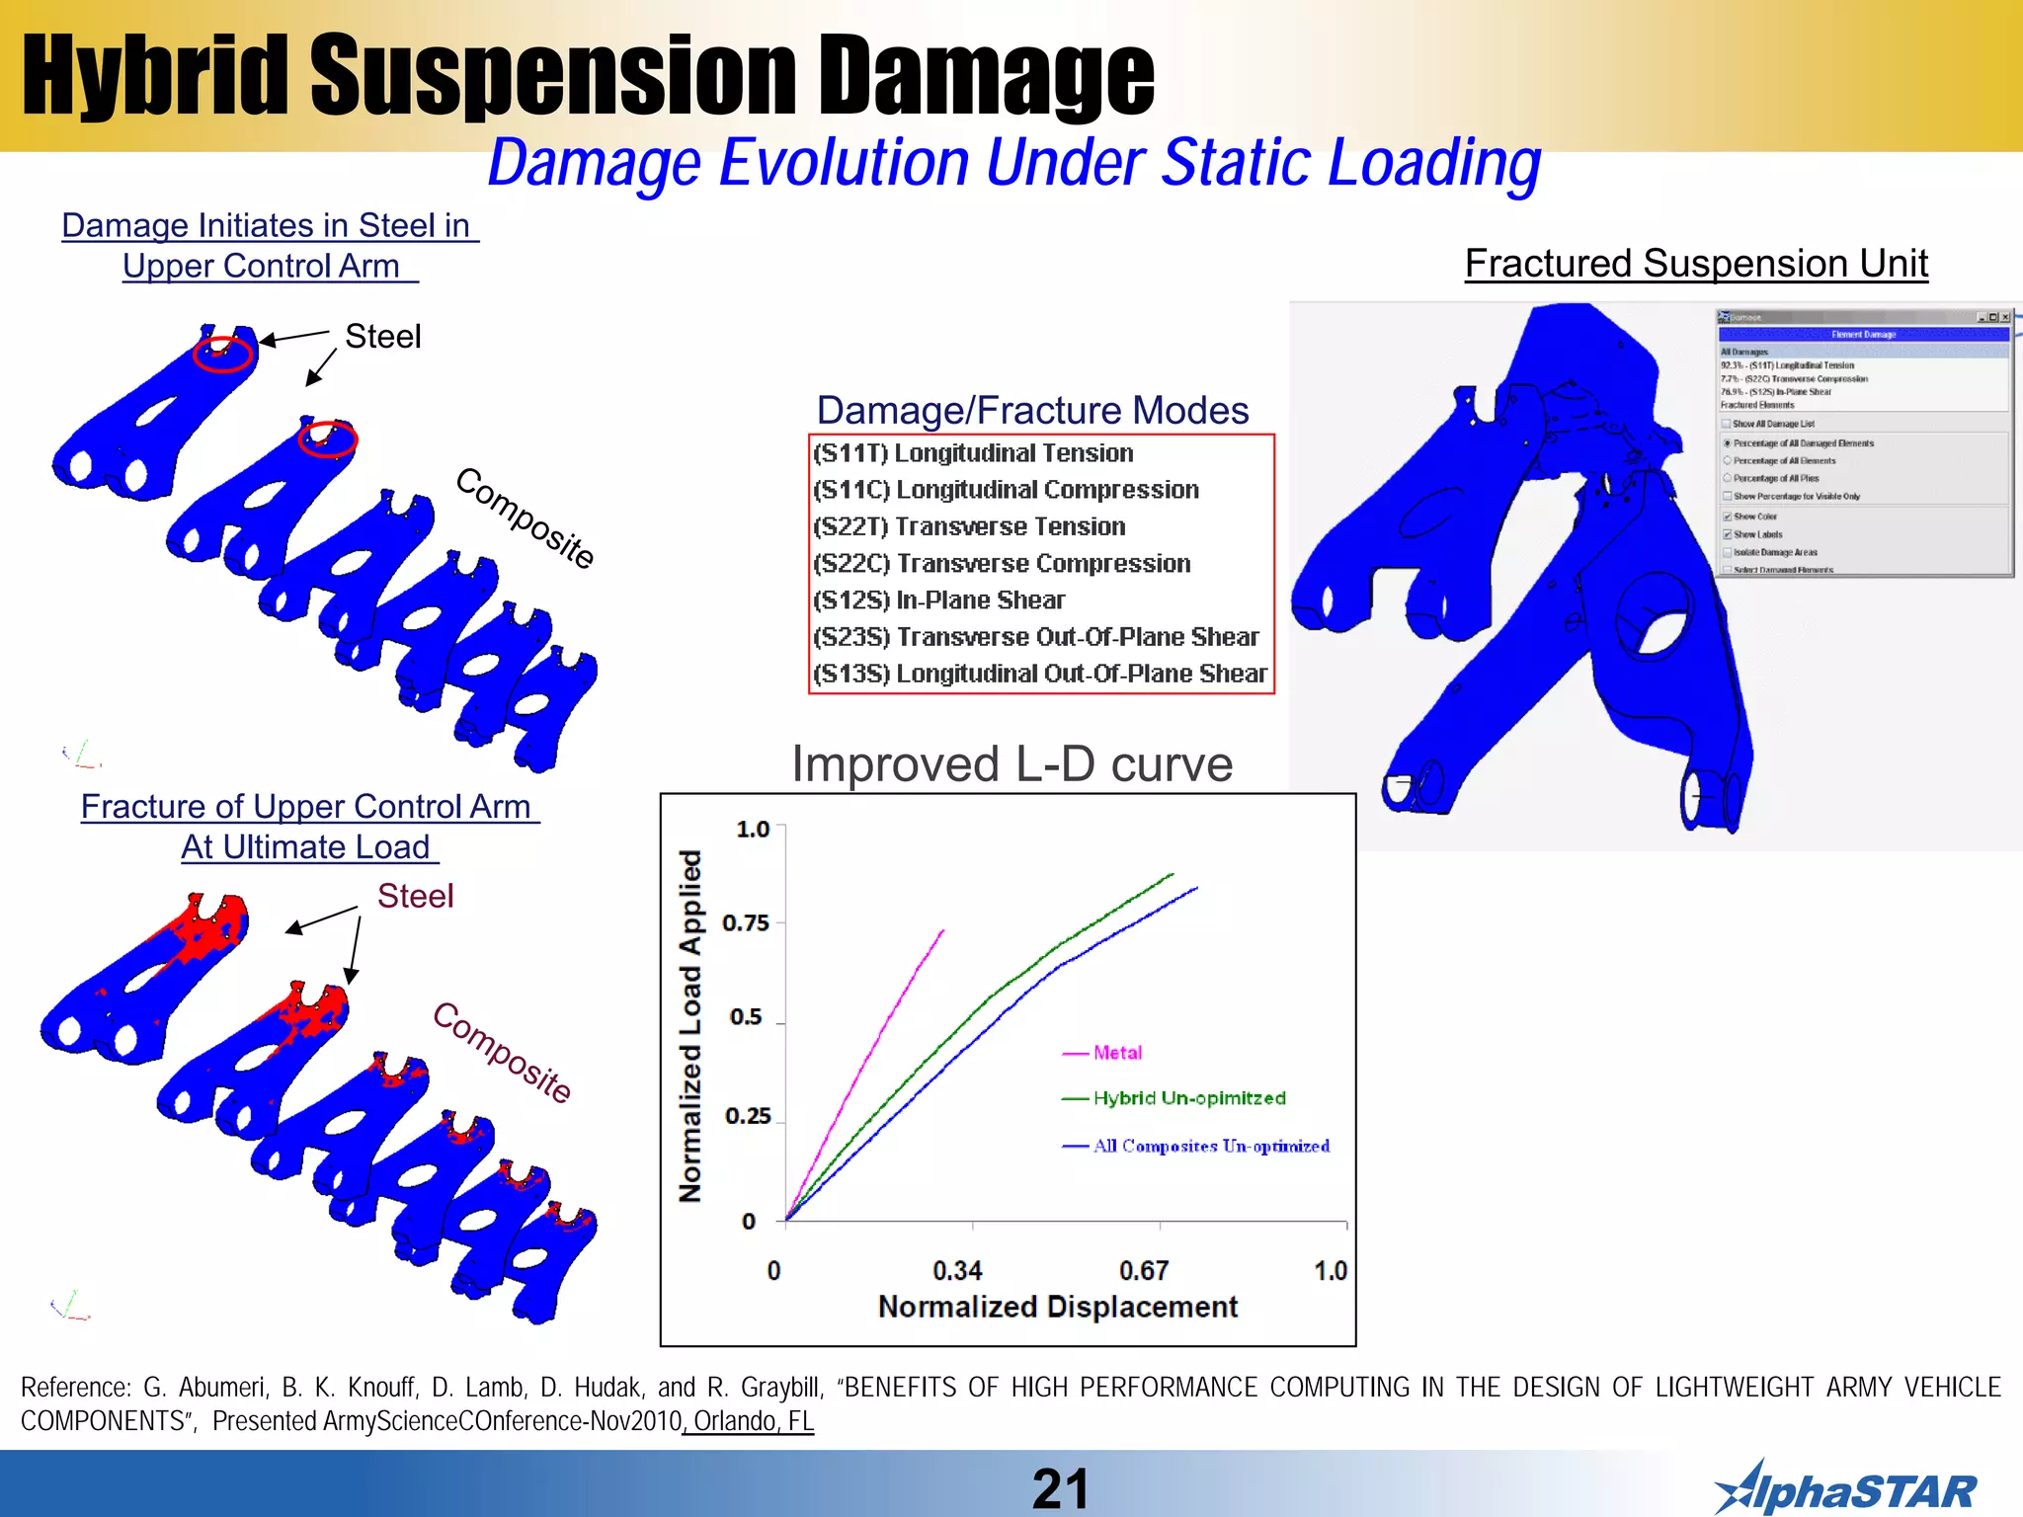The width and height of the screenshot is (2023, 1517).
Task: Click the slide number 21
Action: [x=1059, y=1488]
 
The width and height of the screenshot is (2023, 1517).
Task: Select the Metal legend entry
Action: [x=1116, y=1053]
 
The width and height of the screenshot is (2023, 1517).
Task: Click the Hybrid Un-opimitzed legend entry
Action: [x=1188, y=1098]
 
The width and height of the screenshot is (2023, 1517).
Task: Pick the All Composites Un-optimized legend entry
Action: [x=1210, y=1146]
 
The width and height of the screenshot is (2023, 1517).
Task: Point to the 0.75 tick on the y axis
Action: [x=746, y=922]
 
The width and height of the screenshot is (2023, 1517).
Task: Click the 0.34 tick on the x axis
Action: [x=957, y=1270]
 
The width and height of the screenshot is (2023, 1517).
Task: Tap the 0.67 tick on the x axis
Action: [x=1144, y=1270]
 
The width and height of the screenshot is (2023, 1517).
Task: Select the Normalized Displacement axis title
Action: [x=1057, y=1307]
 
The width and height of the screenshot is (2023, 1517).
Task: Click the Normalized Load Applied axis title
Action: [x=690, y=1025]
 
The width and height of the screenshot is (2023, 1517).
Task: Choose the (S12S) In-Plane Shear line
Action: [x=938, y=600]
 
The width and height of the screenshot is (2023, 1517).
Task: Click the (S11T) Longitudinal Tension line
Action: [x=973, y=453]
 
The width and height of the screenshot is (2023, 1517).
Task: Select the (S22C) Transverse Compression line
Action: [x=1002, y=564]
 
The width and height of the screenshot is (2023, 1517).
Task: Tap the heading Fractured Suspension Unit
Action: [x=1696, y=264]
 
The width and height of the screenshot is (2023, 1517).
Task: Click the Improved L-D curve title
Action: [x=1011, y=764]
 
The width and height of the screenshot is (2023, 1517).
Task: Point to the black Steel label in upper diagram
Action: [x=382, y=337]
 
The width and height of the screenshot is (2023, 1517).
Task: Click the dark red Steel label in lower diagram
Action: [x=415, y=896]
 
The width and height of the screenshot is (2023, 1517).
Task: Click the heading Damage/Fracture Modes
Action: [x=1032, y=410]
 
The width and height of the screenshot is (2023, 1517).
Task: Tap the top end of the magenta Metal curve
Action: [x=942, y=930]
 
